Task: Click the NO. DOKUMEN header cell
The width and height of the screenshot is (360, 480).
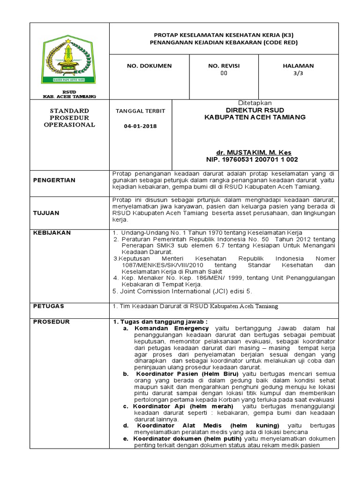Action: pos(149,66)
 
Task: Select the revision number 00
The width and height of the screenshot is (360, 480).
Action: pos(224,73)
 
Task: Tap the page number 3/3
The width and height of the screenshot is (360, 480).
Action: pos(298,73)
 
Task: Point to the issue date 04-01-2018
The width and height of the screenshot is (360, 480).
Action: pos(140,126)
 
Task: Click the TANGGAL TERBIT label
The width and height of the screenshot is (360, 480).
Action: pos(140,111)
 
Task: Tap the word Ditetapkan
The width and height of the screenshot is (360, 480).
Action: pos(255,103)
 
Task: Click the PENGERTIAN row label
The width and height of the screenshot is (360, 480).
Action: pos(54,180)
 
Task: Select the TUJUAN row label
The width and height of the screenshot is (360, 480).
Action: pos(46,213)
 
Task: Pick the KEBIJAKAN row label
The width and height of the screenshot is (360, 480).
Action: pos(52,232)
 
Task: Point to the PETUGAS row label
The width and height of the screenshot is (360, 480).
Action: pos(49,306)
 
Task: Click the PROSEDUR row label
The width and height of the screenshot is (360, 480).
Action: pos(51,322)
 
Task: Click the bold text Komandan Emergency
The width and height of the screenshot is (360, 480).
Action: pos(172,329)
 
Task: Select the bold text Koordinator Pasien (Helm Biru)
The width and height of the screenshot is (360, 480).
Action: pos(187,374)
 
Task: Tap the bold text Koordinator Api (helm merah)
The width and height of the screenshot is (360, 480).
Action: pos(183,406)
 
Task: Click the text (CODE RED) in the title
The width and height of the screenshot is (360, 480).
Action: pos(280,42)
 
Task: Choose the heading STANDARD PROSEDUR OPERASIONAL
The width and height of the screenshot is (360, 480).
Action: pos(69,118)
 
